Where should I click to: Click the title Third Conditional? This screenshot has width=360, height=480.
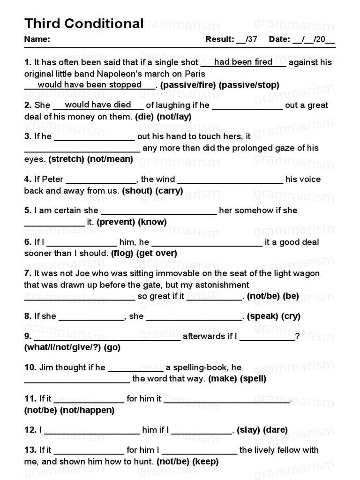tap(84, 23)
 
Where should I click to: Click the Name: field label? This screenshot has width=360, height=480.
tap(37, 39)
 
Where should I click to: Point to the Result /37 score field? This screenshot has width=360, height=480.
tap(232, 39)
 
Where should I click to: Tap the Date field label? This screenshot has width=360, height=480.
tap(280, 39)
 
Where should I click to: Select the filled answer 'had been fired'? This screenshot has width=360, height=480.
tap(243, 62)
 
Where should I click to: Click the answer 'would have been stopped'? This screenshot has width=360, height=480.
tap(90, 84)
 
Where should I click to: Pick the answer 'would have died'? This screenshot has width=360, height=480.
tap(98, 105)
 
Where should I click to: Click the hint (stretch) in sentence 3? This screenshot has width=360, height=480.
tap(67, 159)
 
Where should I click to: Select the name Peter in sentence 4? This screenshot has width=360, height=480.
tap(52, 179)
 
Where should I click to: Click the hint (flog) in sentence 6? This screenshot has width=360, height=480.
tap(122, 254)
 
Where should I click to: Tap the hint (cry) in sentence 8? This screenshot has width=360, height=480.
tap(291, 316)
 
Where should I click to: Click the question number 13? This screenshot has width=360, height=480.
tap(30, 450)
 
